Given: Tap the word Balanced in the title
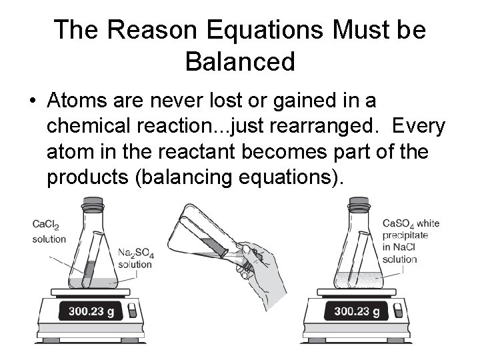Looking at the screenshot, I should [239, 61].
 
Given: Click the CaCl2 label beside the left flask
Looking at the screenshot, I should [46, 227].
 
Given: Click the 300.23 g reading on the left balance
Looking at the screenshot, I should [91, 311].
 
